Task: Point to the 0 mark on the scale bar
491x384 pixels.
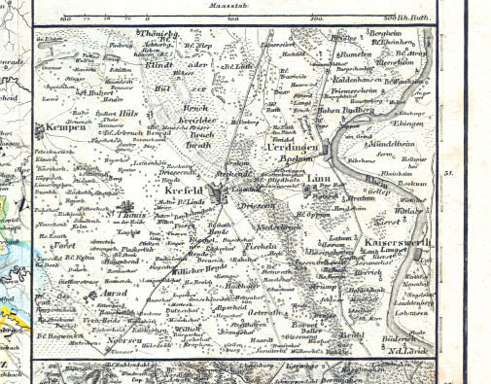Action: click(x=146, y=17)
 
